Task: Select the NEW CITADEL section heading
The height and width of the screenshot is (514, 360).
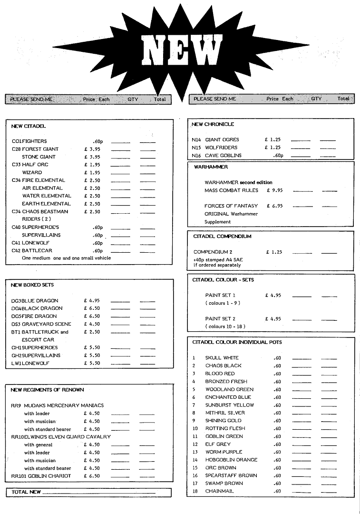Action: click(29, 126)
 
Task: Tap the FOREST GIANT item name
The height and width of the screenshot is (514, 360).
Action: click(40, 149)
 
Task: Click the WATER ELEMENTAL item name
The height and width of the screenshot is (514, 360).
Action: click(47, 196)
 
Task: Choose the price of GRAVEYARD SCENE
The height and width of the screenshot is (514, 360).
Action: click(92, 324)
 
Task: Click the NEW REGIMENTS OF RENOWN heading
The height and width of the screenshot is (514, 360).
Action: click(47, 390)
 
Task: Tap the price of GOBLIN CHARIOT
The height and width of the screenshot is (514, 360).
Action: click(92, 476)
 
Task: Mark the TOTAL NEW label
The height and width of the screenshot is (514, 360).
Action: click(26, 492)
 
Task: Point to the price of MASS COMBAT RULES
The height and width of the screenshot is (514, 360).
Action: click(275, 190)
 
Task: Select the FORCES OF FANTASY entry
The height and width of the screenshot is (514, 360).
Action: click(231, 206)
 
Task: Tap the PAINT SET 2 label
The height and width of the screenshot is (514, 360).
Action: click(220, 319)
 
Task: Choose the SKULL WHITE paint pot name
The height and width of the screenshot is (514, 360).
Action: click(222, 358)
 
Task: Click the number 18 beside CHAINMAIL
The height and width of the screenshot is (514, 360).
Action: click(195, 491)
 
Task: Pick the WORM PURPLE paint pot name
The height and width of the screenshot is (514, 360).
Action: click(224, 452)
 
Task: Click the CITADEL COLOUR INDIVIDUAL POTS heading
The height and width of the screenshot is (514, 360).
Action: click(237, 342)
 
